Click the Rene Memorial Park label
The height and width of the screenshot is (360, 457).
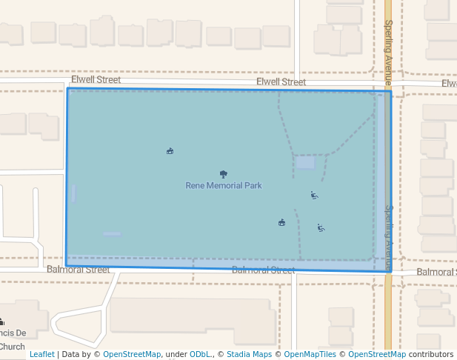tap(224, 185)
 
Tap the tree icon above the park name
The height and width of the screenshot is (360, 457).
tap(224, 175)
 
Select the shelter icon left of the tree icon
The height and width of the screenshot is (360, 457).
tap(170, 151)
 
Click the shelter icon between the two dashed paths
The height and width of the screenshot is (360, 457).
tap(281, 222)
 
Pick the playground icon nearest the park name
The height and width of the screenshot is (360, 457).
tap(314, 196)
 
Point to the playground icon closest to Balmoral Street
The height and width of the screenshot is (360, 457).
tap(321, 228)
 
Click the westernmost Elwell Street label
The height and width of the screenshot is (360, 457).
tap(96, 79)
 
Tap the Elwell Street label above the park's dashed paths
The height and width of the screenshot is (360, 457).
tap(281, 82)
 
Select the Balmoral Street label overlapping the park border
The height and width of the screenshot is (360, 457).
tap(263, 270)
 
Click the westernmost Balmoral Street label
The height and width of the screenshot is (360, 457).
tap(78, 270)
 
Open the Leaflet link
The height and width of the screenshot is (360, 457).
tap(41, 354)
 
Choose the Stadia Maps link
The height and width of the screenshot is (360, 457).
tap(249, 354)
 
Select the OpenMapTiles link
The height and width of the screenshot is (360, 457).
tap(311, 354)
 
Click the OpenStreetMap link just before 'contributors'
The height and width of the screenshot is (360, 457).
tap(377, 354)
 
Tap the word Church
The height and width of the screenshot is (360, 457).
tap(13, 346)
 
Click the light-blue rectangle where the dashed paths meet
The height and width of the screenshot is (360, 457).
tap(305, 161)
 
